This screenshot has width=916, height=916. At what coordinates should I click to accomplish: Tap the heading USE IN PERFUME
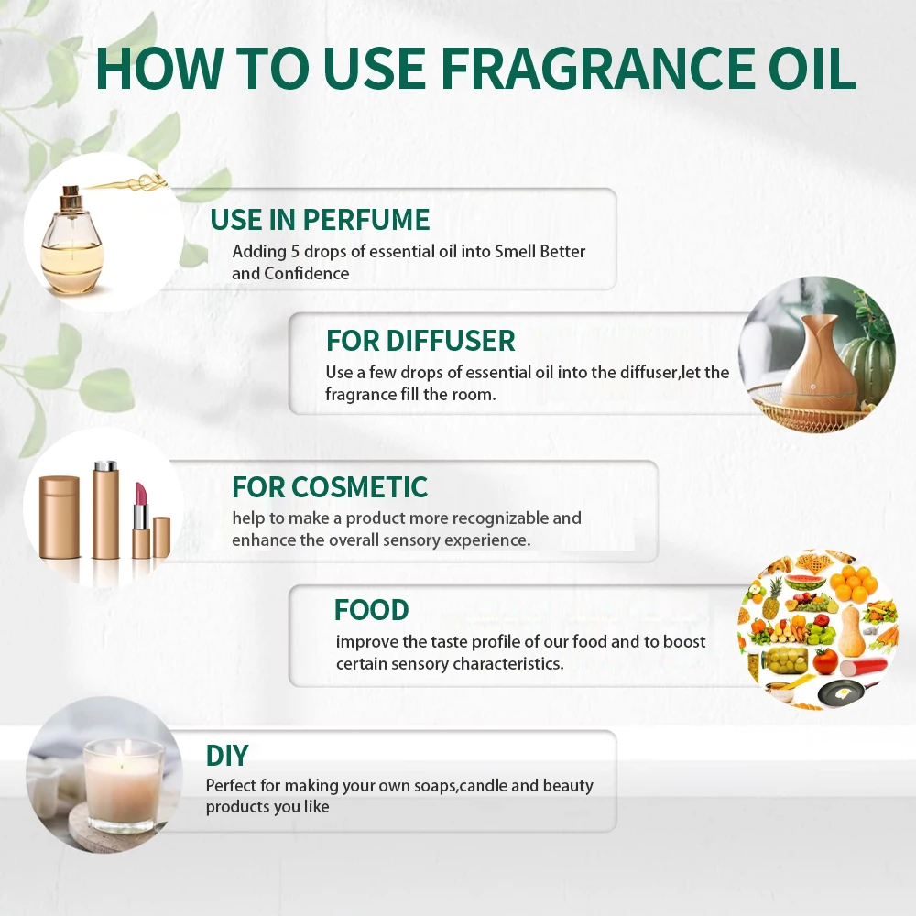pos(320,220)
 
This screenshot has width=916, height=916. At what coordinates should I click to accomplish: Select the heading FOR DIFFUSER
pos(420,341)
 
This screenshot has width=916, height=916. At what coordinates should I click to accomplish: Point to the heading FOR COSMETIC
pos(330,486)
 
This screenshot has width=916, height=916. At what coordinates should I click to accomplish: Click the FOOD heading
pos(371,610)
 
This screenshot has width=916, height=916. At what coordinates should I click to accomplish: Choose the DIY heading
pos(227,756)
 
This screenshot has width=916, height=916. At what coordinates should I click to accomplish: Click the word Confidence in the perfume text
pos(306,273)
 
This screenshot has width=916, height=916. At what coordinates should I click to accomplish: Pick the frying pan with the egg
pos(838,692)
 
